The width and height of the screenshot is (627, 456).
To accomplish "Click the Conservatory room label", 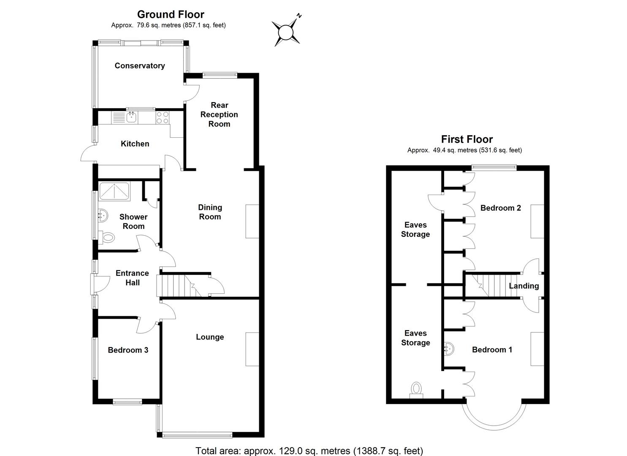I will [x=139, y=65].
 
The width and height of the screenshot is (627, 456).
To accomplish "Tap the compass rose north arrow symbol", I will [x=286, y=32].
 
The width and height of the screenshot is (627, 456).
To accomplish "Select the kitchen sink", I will [x=131, y=117].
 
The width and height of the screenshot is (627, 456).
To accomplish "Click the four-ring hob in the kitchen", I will [x=163, y=117].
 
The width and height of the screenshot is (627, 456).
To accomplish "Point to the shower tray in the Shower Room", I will [x=114, y=191].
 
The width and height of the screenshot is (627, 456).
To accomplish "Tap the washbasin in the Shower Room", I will [x=103, y=216].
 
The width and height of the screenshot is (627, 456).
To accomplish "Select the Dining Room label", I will [x=210, y=212].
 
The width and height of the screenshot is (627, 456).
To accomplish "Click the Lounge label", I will [x=210, y=337].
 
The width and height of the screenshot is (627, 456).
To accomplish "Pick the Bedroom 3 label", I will [x=128, y=350].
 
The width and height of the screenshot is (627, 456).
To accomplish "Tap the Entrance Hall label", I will [x=132, y=278].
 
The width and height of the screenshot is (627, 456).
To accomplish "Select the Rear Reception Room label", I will [x=219, y=114].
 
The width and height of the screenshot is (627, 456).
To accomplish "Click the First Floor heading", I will [x=467, y=139].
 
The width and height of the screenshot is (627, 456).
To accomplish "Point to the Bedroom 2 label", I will [x=500, y=208].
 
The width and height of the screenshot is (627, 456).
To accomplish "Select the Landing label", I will [x=524, y=286].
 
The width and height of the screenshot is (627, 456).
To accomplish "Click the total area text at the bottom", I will [x=309, y=451].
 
